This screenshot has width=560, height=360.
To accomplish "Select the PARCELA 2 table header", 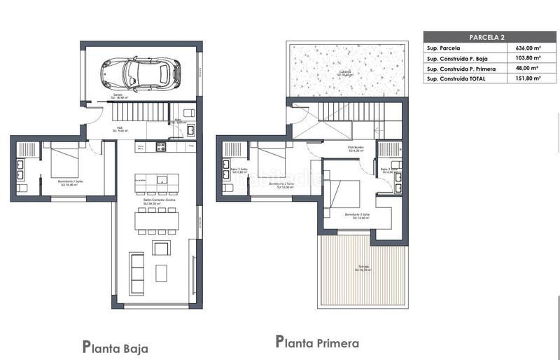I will click(x=485, y=36).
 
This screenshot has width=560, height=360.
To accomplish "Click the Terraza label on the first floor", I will click(x=362, y=268).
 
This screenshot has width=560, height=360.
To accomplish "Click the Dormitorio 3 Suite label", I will click(x=356, y=215).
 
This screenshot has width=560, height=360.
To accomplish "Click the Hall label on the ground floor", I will click(x=119, y=129).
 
